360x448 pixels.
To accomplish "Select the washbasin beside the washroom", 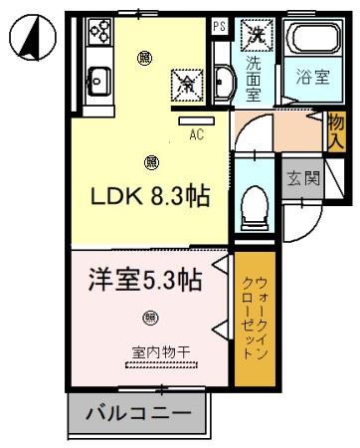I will (x=222, y=80).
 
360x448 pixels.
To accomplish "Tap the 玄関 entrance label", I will (x=302, y=179).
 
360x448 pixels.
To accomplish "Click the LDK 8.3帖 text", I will (x=152, y=196).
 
